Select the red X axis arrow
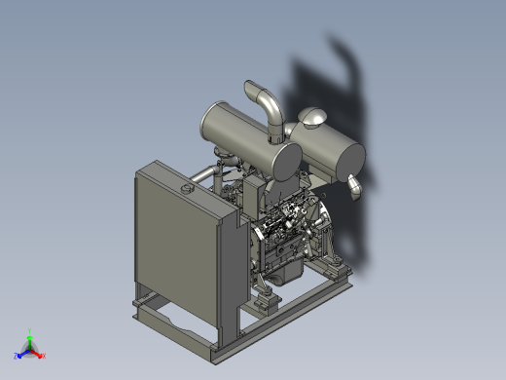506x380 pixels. pyautogui.click(x=39, y=354)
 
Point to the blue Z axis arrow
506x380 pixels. pyautogui.click(x=22, y=354)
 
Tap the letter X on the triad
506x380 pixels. pyautogui.click(x=45, y=356)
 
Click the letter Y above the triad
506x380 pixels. pyautogui.click(x=30, y=330)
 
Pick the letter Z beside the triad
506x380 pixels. pyautogui.click(x=17, y=356)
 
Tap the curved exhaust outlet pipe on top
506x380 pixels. pyautogui.click(x=266, y=105)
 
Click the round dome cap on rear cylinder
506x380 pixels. pyautogui.click(x=313, y=118)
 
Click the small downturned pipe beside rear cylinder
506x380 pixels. pyautogui.click(x=355, y=187)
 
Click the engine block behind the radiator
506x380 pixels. pyautogui.click(x=282, y=244)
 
